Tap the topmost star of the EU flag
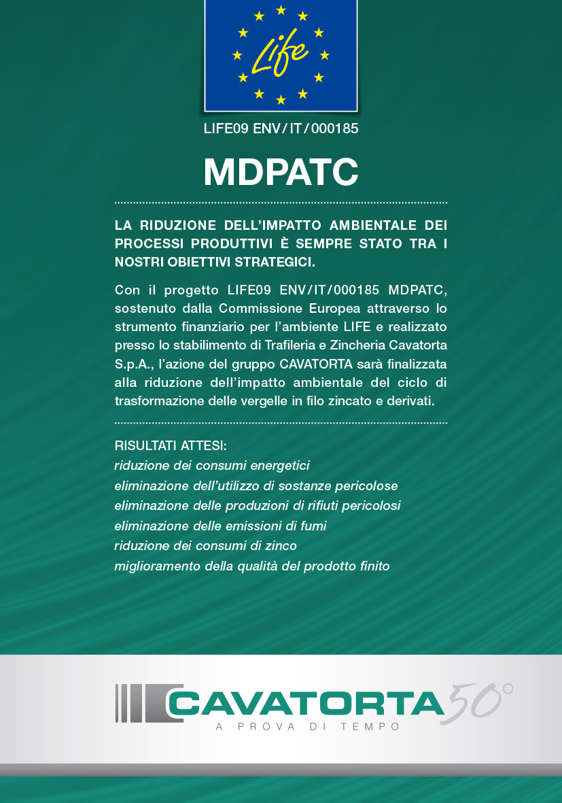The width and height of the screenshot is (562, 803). tap(281, 10)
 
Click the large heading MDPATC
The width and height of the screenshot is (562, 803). tap(281, 173)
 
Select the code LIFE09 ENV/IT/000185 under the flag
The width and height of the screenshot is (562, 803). tap(281, 128)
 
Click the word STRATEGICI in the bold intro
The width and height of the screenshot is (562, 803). tap(277, 262)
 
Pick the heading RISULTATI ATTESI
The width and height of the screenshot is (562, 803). tap(171, 446)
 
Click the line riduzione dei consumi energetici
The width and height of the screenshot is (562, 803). tap(212, 466)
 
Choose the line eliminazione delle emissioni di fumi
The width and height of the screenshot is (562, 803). tap(221, 526)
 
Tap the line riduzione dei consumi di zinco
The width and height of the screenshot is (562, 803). tap(206, 545)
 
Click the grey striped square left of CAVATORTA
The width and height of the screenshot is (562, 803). tap(139, 703)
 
